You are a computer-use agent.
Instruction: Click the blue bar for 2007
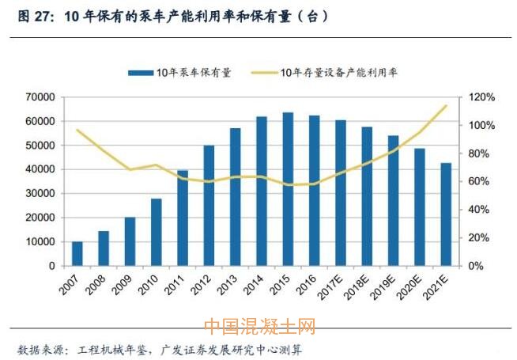coord(77,253)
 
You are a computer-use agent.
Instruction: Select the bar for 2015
coord(288,189)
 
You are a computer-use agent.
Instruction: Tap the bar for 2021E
coord(446,214)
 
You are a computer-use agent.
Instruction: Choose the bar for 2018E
coord(367,196)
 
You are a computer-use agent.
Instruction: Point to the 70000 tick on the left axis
coord(39,97)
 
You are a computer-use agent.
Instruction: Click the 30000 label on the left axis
coord(39,194)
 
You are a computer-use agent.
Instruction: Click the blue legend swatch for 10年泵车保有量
coord(140,73)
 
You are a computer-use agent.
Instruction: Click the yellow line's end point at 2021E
coord(446,105)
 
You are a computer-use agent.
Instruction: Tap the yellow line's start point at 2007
coord(77,130)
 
